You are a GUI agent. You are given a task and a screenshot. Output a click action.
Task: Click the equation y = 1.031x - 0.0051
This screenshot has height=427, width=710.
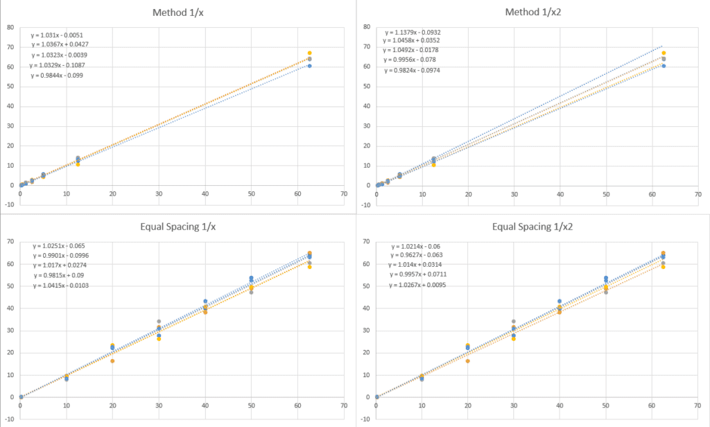58,35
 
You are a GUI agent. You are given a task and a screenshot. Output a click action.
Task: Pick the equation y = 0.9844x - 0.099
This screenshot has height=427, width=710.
58,75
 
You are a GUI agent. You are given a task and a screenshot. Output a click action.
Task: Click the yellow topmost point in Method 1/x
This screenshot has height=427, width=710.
309,53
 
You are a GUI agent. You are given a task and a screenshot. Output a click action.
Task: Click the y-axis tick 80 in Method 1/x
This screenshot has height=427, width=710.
10,27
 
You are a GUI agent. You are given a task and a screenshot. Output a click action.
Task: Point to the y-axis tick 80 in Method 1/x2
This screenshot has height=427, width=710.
367,27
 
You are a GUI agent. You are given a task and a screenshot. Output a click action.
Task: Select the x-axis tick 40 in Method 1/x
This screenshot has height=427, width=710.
205,195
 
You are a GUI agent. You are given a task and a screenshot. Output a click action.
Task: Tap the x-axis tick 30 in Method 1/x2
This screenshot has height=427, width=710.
514,195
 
